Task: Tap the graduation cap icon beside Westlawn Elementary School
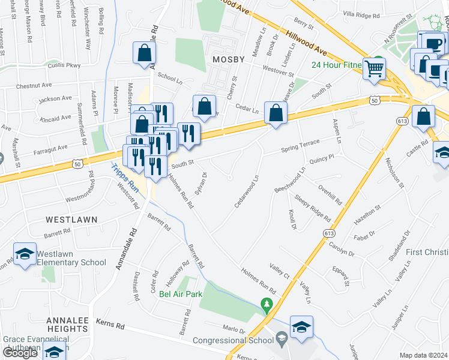(x=25, y=254)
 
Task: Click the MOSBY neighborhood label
(x=229, y=59)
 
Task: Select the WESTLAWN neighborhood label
(x=71, y=220)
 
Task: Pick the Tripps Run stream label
(x=125, y=179)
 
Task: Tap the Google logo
(x=20, y=353)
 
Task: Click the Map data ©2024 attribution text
(x=424, y=355)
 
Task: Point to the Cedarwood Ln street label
(x=246, y=193)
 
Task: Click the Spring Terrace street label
(x=300, y=148)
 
